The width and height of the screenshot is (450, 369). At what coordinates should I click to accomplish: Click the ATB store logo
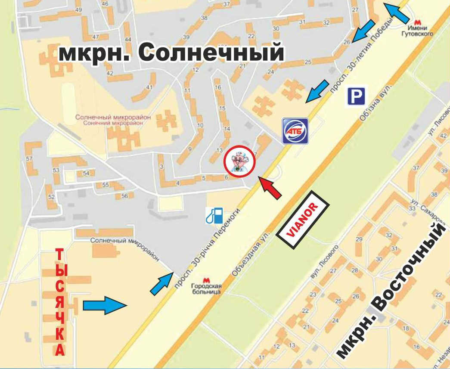point(295,130)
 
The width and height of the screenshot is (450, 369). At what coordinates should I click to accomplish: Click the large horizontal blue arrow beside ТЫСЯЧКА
point(105,305)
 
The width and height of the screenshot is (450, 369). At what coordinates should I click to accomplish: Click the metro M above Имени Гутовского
point(416,22)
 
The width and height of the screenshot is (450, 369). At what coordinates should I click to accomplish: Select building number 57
point(29,159)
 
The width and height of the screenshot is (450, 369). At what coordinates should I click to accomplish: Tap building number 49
point(78,10)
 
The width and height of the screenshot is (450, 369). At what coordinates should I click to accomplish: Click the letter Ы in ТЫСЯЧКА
point(61,270)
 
